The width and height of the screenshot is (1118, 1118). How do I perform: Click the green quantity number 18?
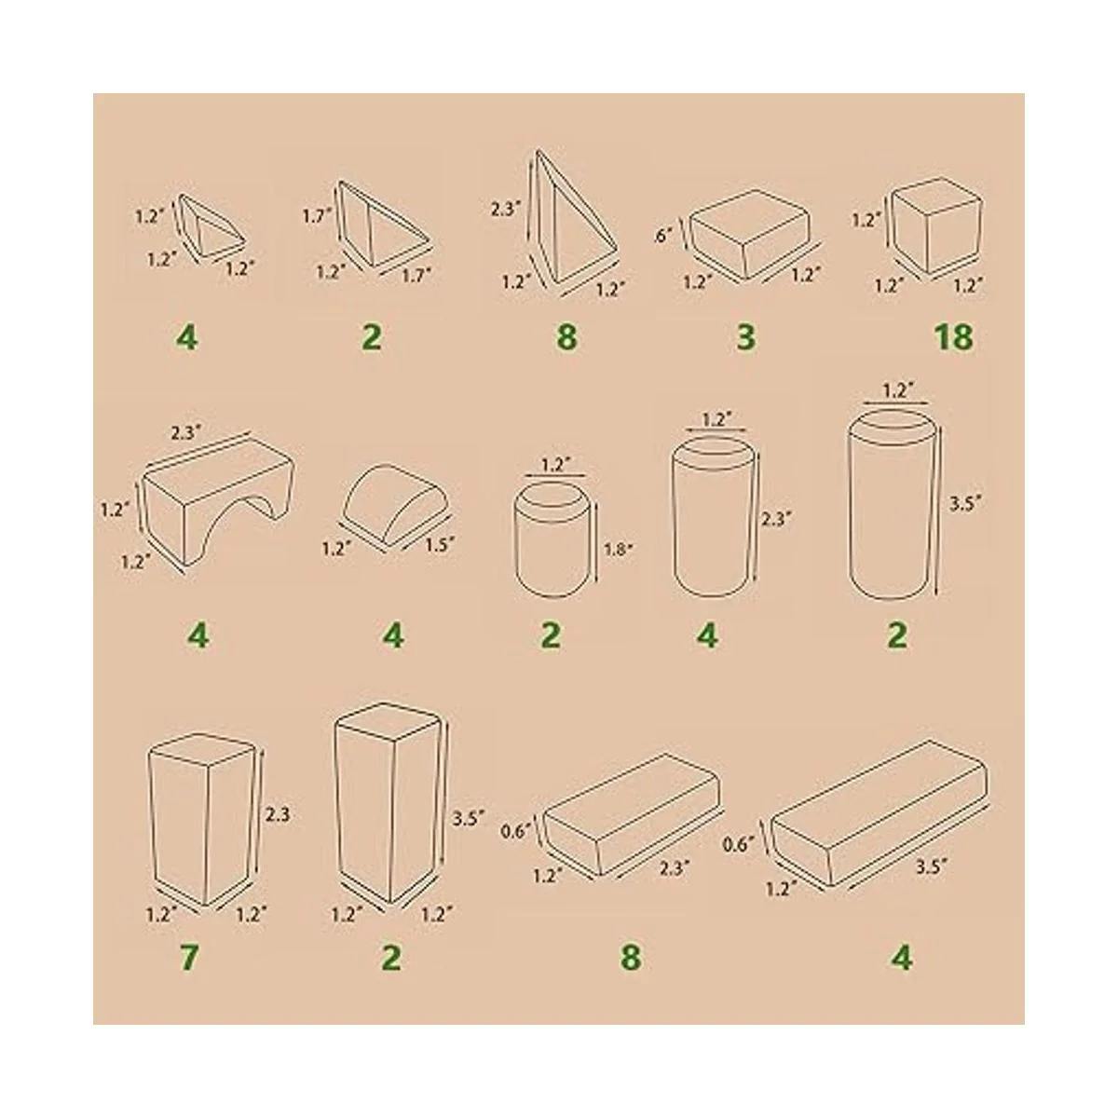click(x=954, y=337)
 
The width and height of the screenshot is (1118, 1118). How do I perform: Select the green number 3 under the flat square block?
click(x=745, y=337)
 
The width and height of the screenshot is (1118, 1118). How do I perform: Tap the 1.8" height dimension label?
click(x=617, y=549)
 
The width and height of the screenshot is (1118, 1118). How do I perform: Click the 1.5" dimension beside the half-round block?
click(x=439, y=544)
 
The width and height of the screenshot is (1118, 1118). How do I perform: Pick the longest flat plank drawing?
click(x=879, y=821)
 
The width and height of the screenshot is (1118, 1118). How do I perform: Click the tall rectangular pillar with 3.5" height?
click(x=389, y=803)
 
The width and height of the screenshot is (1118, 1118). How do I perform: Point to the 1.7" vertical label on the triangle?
click(x=317, y=216)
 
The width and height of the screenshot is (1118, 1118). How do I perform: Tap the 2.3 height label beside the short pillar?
click(x=278, y=815)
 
